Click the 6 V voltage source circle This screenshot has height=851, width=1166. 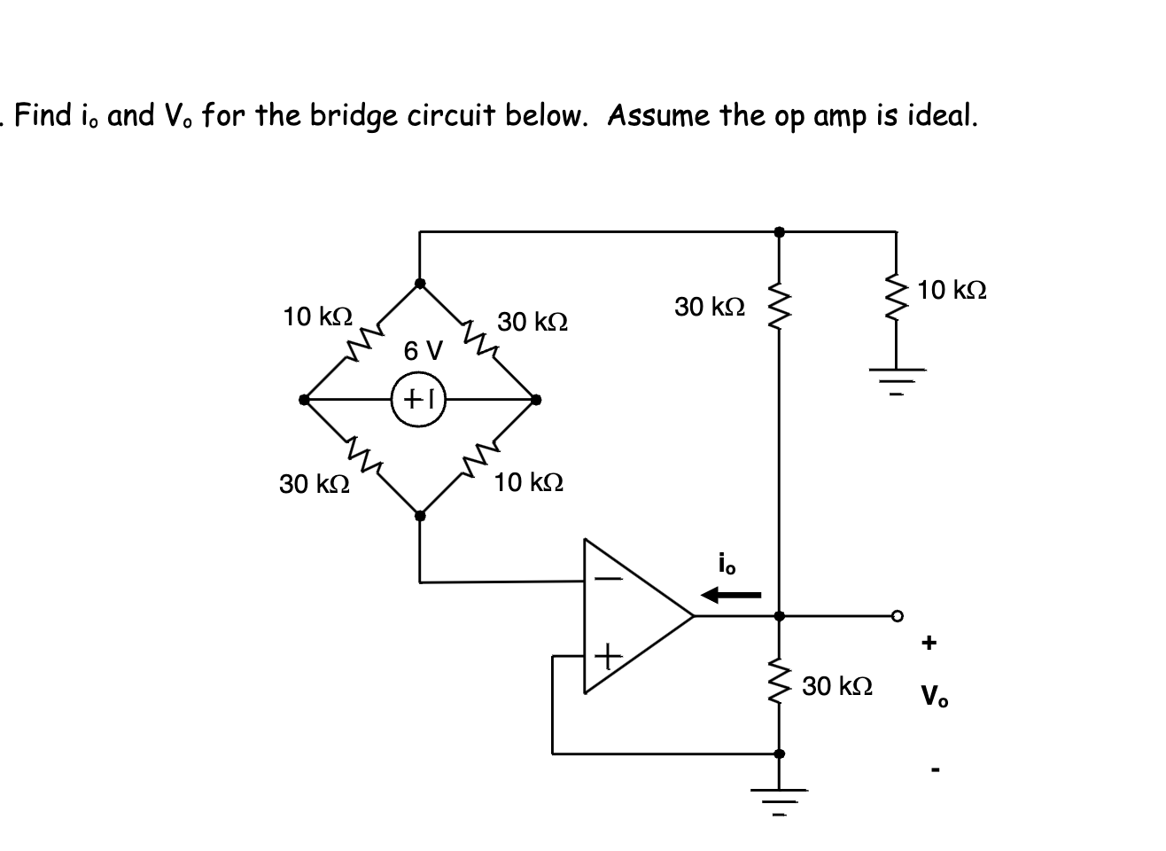(418, 400)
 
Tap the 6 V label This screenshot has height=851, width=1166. (423, 351)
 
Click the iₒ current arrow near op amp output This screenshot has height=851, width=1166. (730, 595)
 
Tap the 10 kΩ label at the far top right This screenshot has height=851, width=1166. (952, 290)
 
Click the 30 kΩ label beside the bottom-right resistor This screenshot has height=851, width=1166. (837, 686)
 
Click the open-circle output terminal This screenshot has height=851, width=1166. (897, 614)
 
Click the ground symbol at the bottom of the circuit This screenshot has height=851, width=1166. (779, 802)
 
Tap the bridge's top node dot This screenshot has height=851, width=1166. (420, 284)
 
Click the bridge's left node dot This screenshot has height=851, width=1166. (305, 400)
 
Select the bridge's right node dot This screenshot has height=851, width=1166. (535, 400)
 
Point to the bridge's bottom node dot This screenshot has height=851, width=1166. (420, 513)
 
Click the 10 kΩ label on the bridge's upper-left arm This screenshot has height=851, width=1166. (317, 316)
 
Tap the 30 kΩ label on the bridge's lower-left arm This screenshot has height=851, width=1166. (314, 484)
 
